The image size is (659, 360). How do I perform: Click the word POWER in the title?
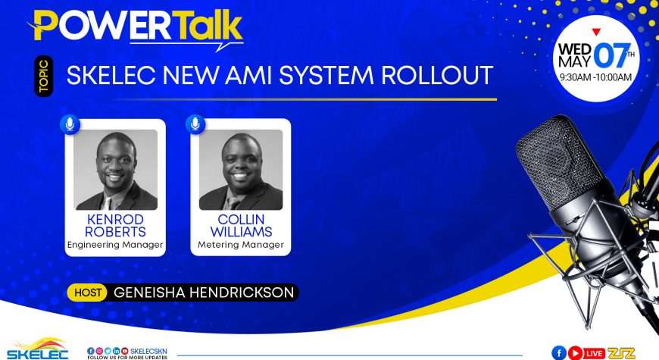103,25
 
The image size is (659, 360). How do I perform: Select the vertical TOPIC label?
44,76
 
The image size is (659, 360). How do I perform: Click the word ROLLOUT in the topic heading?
437,75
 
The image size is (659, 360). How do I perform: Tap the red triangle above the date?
596,32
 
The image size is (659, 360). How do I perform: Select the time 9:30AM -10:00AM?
595,77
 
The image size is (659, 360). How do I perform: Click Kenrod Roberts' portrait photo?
116,170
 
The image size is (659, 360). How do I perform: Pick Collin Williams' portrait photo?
241,170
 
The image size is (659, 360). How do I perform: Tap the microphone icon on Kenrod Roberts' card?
70,124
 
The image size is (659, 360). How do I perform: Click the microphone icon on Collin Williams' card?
195,124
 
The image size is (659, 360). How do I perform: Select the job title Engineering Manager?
114,245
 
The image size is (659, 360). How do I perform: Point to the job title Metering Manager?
241,245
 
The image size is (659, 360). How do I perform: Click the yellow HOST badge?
87,293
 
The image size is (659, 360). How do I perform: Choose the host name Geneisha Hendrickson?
204,293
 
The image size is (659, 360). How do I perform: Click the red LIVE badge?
594,353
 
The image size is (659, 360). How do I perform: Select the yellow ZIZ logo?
621,353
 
